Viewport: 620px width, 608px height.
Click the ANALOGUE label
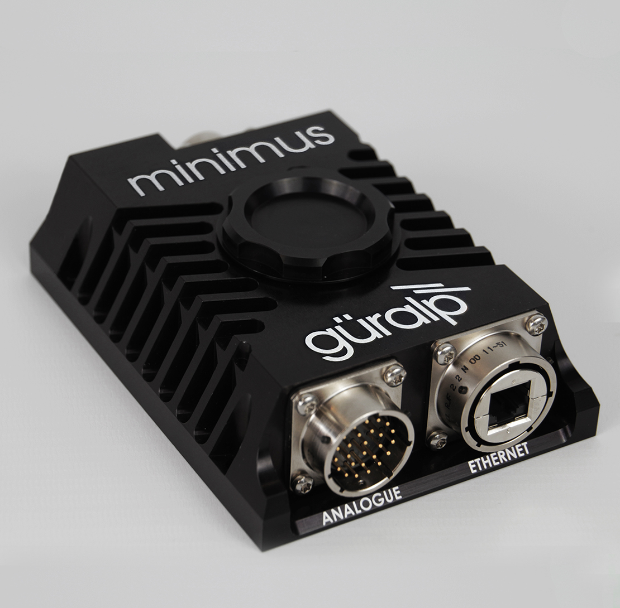click(x=362, y=505)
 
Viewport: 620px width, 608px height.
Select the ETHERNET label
click(x=498, y=457)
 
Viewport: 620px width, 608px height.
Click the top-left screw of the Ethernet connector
click(x=446, y=352)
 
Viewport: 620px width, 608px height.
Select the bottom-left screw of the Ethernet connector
click(x=438, y=439)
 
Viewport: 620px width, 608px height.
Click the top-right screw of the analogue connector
click(x=394, y=374)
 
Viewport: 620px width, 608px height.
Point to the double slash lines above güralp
click(x=430, y=293)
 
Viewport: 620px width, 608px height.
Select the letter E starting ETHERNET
click(x=472, y=467)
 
